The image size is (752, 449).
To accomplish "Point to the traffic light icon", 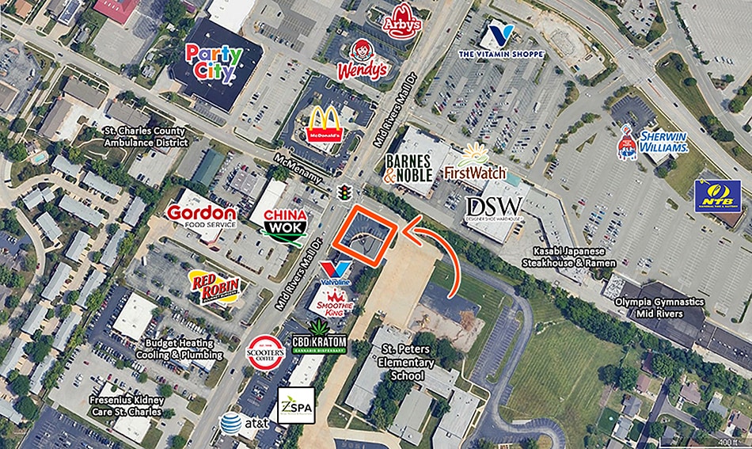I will click(x=344, y=192).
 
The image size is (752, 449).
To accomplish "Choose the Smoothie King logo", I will click(x=334, y=302).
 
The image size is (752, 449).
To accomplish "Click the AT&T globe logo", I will click(x=230, y=424).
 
